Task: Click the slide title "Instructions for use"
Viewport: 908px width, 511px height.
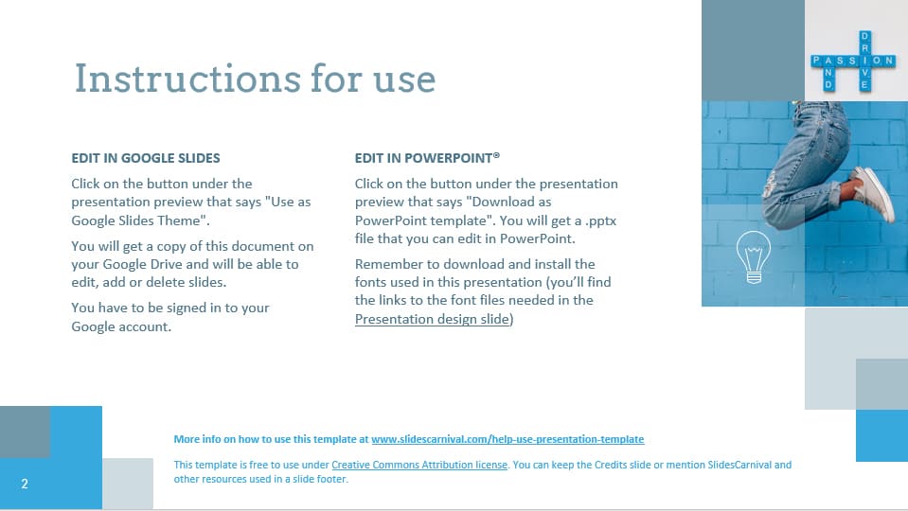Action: pyautogui.click(x=255, y=79)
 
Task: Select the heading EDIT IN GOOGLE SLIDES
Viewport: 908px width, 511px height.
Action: pyautogui.click(x=146, y=158)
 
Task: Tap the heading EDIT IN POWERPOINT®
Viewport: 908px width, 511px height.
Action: pyautogui.click(x=427, y=158)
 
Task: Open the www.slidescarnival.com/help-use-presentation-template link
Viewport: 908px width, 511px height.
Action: pyautogui.click(x=507, y=439)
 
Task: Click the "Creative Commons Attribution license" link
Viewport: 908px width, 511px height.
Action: pyautogui.click(x=420, y=465)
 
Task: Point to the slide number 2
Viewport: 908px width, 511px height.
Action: pyautogui.click(x=25, y=485)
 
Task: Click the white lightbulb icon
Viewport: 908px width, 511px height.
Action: pyautogui.click(x=754, y=255)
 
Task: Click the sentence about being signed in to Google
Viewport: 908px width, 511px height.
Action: pyautogui.click(x=170, y=316)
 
